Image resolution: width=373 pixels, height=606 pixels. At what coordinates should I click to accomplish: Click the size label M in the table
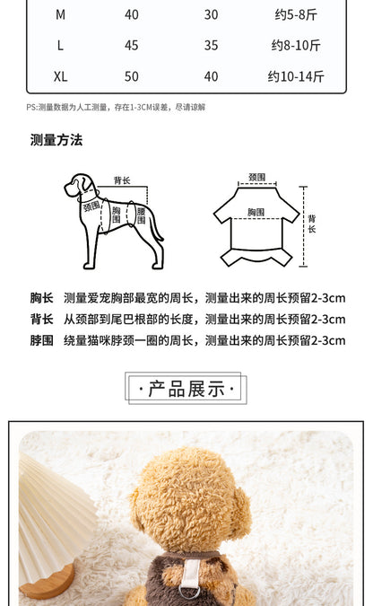(60, 14)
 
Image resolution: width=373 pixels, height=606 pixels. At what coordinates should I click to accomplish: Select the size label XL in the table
(61, 76)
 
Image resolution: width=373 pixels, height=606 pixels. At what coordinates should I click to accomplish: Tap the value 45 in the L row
(131, 46)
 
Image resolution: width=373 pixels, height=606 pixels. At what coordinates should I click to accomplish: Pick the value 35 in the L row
(212, 46)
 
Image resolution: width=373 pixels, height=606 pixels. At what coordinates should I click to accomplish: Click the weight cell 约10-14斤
(296, 76)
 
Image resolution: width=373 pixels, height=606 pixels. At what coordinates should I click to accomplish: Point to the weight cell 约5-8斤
(296, 14)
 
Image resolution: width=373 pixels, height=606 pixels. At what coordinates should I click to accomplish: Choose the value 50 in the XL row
(131, 76)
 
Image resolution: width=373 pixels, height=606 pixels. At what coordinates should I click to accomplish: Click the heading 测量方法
(56, 140)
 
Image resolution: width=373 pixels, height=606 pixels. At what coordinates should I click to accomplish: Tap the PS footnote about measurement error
(116, 107)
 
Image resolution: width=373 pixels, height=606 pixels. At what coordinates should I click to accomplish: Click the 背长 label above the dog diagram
(122, 180)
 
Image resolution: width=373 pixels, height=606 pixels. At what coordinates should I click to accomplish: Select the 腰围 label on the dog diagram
(141, 215)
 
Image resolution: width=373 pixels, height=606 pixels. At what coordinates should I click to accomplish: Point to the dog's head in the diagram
(79, 186)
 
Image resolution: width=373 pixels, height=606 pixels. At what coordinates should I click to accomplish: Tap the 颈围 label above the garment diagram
(256, 177)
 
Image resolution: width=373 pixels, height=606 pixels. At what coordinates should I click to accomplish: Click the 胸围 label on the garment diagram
(256, 212)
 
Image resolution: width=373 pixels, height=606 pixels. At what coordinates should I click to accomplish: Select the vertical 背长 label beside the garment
(312, 224)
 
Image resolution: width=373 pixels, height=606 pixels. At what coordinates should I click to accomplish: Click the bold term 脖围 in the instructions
(42, 340)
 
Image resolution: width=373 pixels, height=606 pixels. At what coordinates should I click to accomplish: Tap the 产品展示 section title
(186, 389)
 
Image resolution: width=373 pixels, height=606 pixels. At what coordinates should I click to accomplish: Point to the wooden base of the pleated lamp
(48, 582)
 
